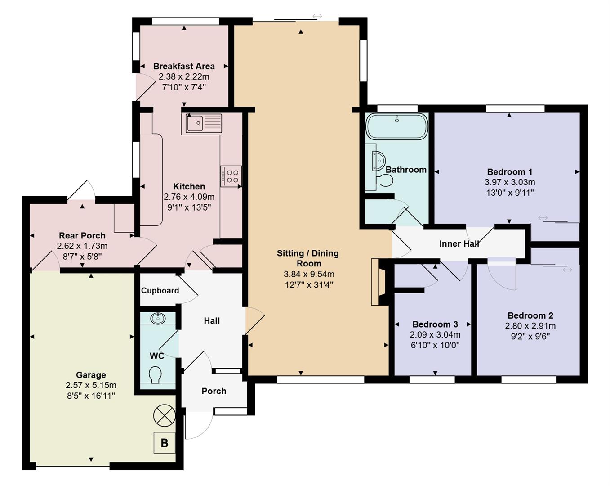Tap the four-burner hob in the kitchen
pyautogui.click(x=231, y=176)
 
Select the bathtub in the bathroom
pyautogui.click(x=396, y=126)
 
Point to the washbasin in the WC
pyautogui.click(x=158, y=318)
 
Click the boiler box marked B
pyautogui.click(x=164, y=443)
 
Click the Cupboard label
pyautogui.click(x=160, y=291)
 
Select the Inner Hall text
pyautogui.click(x=459, y=244)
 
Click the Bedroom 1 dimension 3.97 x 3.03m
pyautogui.click(x=509, y=182)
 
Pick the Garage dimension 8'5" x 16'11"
pyautogui.click(x=91, y=396)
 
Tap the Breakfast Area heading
pyautogui.click(x=184, y=67)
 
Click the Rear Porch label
pyautogui.click(x=82, y=236)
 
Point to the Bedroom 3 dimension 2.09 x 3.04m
pyautogui.click(x=435, y=335)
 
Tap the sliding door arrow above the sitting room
pyautogui.click(x=317, y=17)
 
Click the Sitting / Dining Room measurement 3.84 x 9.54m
pyautogui.click(x=309, y=274)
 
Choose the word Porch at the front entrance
pyautogui.click(x=214, y=391)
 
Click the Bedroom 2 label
pyautogui.click(x=530, y=315)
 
